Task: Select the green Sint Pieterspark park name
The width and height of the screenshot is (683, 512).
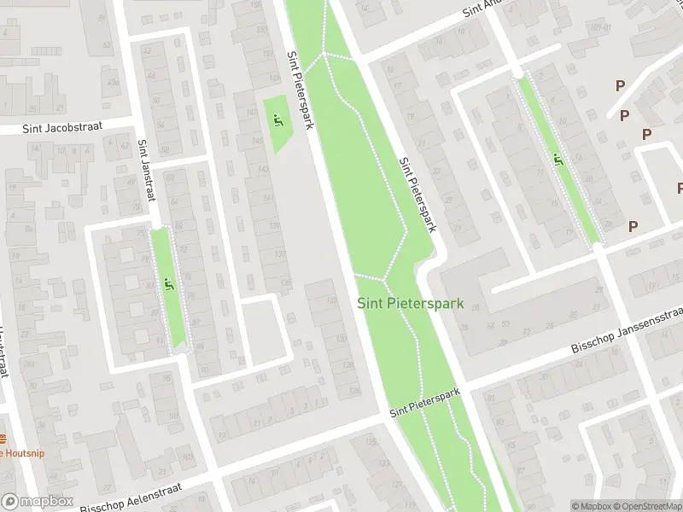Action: tap(410, 303)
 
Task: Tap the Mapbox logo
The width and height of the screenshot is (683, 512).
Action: tap(37, 503)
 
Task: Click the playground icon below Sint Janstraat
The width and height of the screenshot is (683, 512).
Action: tap(167, 283)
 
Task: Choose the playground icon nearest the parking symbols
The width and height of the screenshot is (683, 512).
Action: tap(557, 159)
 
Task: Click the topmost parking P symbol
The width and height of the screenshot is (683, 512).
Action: tap(619, 85)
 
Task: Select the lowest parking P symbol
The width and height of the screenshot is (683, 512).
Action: tap(633, 226)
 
